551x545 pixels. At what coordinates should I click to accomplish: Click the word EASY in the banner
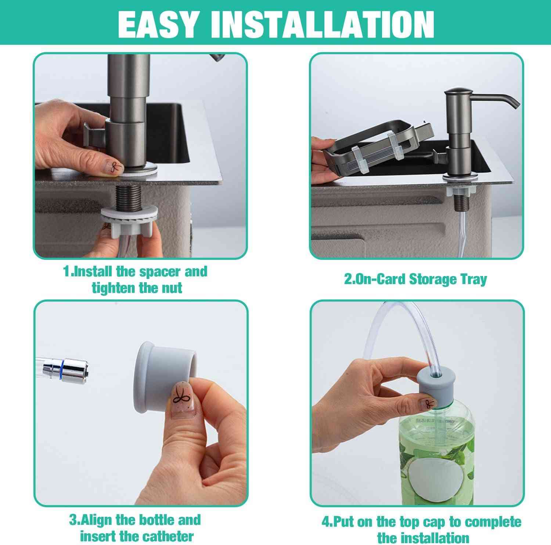158,24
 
